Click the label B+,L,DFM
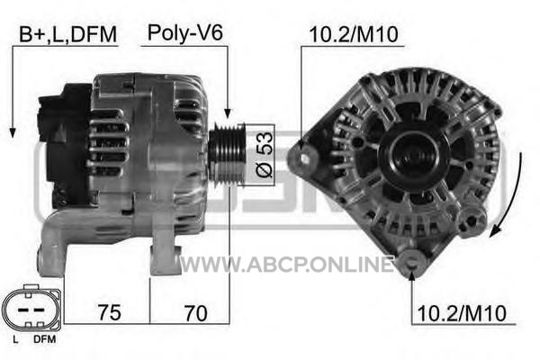coord(67,34)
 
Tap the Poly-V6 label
coord(184,33)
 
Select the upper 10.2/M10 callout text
coord(354,34)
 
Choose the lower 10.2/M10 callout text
coord(462,313)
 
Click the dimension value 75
coord(109,312)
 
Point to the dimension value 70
coord(196,313)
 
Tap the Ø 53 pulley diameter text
coord(264,155)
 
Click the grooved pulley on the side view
coord(228,155)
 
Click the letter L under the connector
coord(15,339)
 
